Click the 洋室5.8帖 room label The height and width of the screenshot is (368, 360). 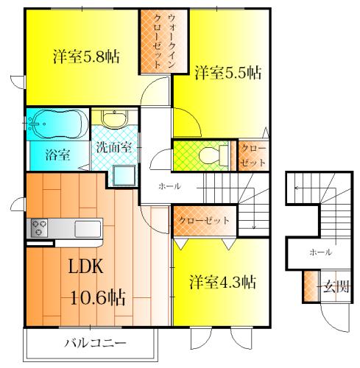coord(86,57)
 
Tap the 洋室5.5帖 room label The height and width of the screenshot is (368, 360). coord(228,72)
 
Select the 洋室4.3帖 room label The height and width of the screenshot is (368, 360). coord(223,282)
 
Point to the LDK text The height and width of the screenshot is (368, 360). coord(85,266)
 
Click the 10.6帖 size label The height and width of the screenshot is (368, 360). coord(98,297)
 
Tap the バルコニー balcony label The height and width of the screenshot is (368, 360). coord(95,343)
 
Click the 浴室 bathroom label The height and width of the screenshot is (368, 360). coord(57,155)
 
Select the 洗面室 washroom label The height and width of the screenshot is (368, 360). coord(113,147)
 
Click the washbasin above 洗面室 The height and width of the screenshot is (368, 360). coord(115,118)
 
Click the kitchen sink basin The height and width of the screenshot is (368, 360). coord(88,229)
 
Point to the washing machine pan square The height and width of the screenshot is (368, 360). coord(124,176)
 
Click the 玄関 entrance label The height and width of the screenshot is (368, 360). coord(336,286)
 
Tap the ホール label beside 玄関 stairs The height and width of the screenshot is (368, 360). coord(321,252)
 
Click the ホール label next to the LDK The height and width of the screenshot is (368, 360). coord(170,186)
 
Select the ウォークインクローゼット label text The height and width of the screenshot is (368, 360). coord(165,41)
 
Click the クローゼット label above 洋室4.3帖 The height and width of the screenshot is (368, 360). coord(204,220)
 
